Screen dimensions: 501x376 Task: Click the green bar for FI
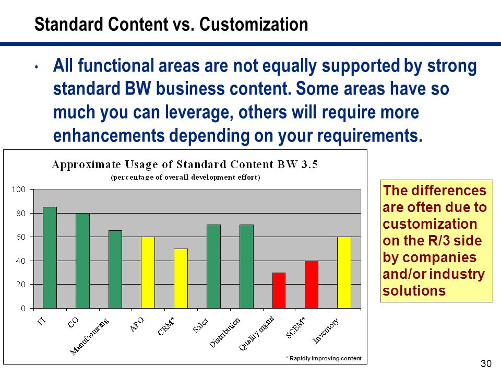coord(50,257)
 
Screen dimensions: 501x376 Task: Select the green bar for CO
coord(83,261)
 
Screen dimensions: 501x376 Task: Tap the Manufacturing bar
coord(115,269)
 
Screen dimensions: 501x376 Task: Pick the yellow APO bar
coord(148,273)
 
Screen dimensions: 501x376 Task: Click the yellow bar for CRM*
coord(181,278)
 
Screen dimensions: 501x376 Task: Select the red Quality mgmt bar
coord(279,291)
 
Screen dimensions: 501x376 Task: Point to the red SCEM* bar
coord(312,285)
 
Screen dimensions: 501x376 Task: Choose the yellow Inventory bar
coord(344,273)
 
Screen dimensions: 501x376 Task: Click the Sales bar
coord(214,267)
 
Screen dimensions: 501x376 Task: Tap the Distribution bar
coord(246,267)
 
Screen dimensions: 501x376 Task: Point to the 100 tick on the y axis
coord(19,190)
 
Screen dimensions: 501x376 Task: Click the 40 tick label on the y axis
coord(21,261)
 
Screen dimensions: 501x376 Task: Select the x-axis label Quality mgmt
coord(257,333)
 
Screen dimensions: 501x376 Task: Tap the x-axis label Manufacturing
coord(89,336)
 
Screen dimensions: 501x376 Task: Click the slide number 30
coord(486,363)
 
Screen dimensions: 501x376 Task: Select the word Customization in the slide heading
coord(254,25)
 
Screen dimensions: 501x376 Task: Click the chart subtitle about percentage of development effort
coord(185,177)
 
